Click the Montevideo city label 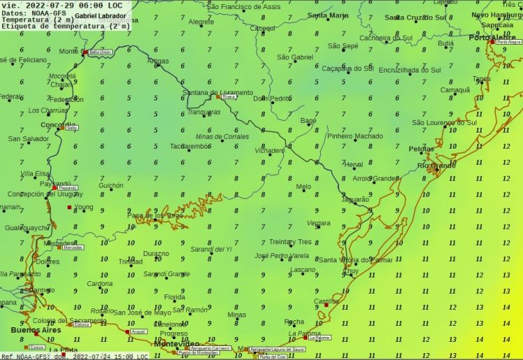[176, 343]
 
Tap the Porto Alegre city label [492, 37]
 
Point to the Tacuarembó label [189, 147]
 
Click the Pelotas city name [421, 149]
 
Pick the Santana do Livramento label [218, 93]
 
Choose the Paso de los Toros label [155, 216]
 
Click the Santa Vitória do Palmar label [356, 260]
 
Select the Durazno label [156, 253]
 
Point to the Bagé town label [308, 121]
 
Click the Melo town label [303, 186]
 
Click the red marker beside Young [69, 207]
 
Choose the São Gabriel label [295, 57]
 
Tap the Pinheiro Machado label [355, 136]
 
